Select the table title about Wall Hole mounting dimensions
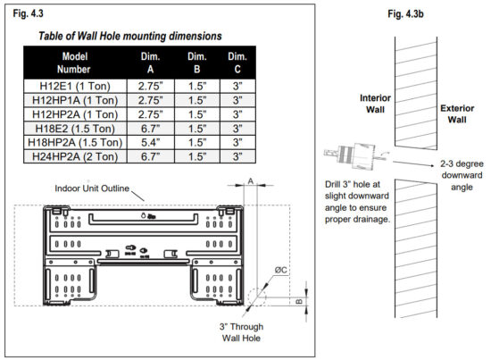[130, 37]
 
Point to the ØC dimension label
[280, 269]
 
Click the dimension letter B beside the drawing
[302, 302]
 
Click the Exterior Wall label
[462, 113]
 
